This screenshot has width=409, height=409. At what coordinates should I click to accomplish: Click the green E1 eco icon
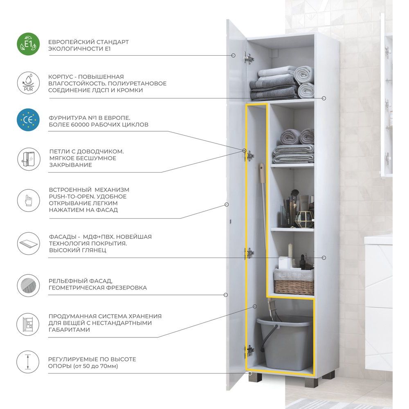click(28, 44)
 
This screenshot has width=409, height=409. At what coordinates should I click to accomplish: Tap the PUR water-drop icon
click(29, 83)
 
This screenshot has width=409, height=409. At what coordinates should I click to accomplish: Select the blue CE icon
click(28, 120)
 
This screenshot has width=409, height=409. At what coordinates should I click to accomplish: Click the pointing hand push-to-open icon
click(29, 200)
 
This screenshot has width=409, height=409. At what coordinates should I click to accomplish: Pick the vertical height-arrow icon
click(28, 362)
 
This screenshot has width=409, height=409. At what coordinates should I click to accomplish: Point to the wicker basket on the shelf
click(294, 283)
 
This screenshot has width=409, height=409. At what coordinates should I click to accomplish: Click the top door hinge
click(249, 58)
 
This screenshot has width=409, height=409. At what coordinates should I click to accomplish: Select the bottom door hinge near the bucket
click(249, 351)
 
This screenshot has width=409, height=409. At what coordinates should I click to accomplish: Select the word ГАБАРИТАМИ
click(69, 330)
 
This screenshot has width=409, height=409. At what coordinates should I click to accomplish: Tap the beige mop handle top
click(262, 173)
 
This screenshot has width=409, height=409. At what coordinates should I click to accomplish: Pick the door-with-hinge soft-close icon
click(29, 159)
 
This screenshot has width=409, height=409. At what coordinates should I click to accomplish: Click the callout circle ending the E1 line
click(234, 55)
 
